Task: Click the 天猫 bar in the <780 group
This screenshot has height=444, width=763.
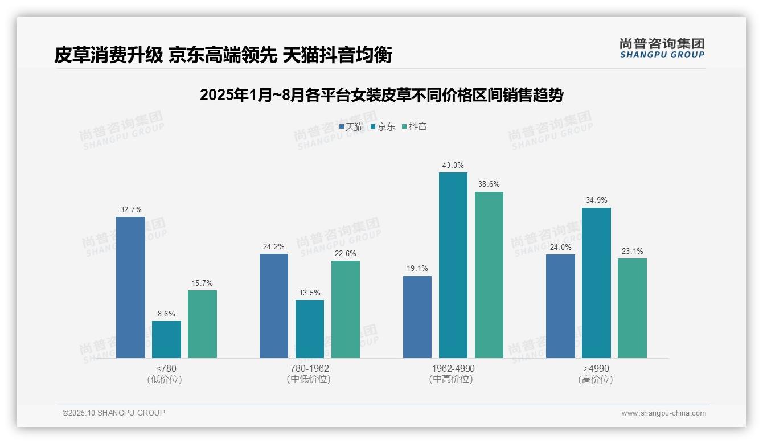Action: tap(130, 287)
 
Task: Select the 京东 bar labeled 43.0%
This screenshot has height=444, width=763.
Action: tap(453, 265)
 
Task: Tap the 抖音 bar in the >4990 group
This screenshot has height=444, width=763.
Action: tap(632, 308)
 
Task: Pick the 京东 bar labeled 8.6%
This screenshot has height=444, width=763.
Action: tap(166, 339)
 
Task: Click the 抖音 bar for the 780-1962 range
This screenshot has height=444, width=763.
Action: tap(346, 309)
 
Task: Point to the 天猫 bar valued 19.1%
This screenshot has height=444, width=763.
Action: tap(417, 317)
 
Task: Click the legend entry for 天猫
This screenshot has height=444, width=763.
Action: tap(351, 126)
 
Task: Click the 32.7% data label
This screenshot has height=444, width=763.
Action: tap(130, 209)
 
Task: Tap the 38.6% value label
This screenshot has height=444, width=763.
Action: tap(489, 184)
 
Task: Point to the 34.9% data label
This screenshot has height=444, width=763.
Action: tap(596, 200)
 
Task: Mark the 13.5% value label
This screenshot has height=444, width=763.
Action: tap(310, 293)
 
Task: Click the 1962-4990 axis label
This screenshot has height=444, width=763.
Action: tap(453, 368)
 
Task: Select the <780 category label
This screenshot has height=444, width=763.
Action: tap(166, 368)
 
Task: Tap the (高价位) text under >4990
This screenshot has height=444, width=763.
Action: tap(596, 380)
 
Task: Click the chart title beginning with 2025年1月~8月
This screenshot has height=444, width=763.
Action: tap(381, 95)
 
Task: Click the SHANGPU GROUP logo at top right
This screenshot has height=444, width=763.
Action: tap(662, 48)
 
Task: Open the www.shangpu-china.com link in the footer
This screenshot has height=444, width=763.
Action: tap(663, 413)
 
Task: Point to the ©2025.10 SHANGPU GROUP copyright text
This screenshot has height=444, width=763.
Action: tap(114, 413)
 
